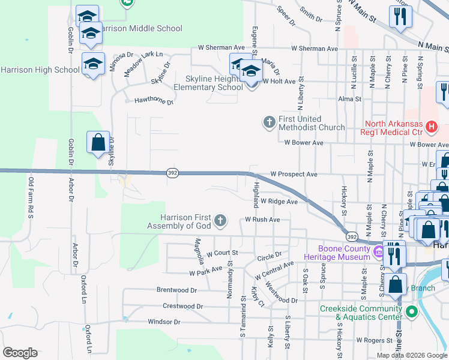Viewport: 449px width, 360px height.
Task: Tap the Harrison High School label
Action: pyautogui.click(x=40, y=70)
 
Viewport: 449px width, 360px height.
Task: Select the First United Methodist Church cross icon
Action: pyautogui.click(x=269, y=122)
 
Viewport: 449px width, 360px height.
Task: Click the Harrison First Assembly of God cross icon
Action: pyautogui.click(x=220, y=221)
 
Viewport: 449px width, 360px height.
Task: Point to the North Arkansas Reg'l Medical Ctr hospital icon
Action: pyautogui.click(x=431, y=127)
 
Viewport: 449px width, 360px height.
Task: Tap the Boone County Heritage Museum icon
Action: pyautogui.click(x=379, y=253)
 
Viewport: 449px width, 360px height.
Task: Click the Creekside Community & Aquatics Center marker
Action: pyautogui.click(x=411, y=312)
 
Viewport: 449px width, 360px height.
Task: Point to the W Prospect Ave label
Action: pyautogui.click(x=294, y=174)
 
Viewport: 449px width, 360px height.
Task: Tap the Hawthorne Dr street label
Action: pyautogui.click(x=154, y=102)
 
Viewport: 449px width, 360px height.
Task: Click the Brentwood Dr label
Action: pyautogui.click(x=176, y=290)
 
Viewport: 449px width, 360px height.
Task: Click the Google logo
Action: pyautogui.click(x=20, y=353)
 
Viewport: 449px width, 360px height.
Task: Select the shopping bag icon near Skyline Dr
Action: pyautogui.click(x=98, y=143)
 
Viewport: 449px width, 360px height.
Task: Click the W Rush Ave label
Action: pyautogui.click(x=262, y=220)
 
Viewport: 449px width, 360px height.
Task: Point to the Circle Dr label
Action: pyautogui.click(x=270, y=254)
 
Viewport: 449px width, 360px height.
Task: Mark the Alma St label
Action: pyautogui.click(x=350, y=99)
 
